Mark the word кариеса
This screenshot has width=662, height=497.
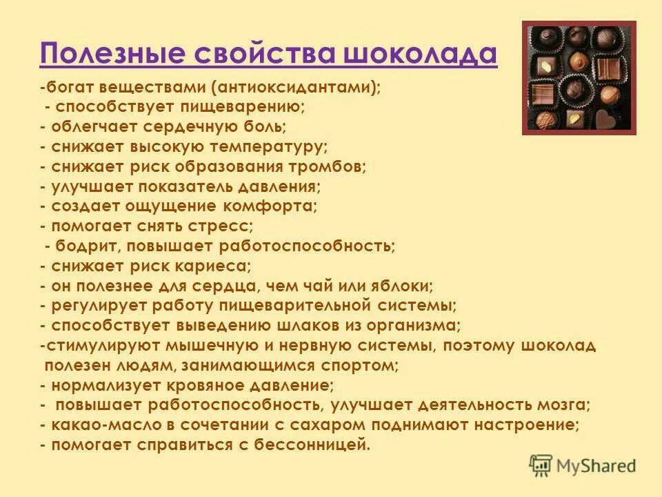(217, 265)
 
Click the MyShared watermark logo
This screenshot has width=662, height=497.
(583, 465)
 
